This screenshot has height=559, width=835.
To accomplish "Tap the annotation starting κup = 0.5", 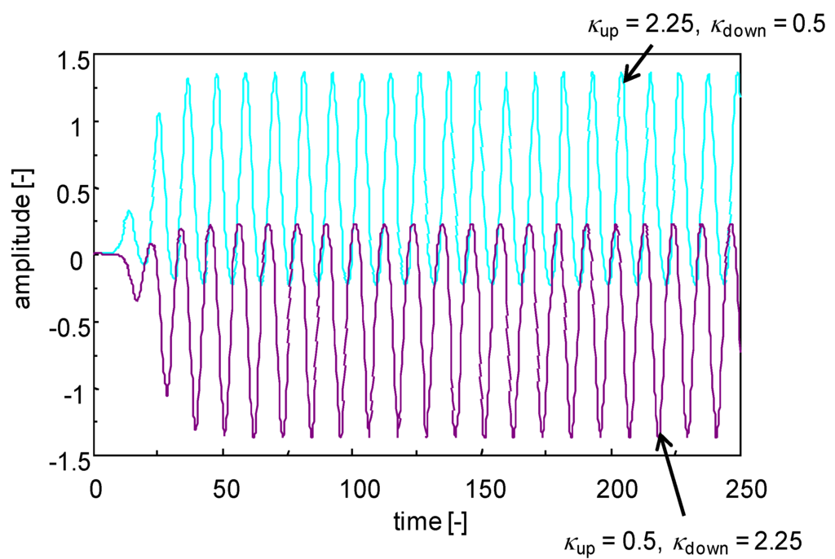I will pyautogui.click(x=683, y=538).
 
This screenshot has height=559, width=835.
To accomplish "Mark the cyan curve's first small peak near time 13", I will pyautogui.click(x=129, y=212).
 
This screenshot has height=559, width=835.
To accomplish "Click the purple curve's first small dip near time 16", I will pyautogui.click(x=136, y=300).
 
